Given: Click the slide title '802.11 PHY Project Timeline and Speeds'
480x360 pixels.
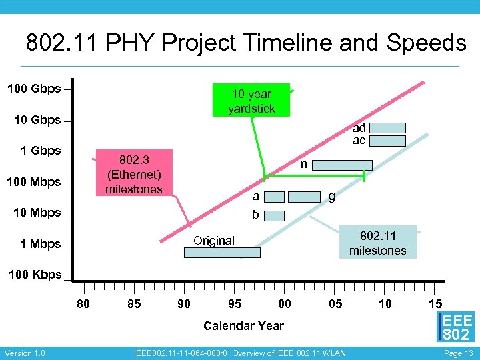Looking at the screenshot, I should click(x=246, y=43).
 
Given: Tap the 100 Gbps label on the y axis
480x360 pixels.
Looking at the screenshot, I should click(x=34, y=89).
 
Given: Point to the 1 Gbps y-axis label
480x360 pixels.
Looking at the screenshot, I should click(x=41, y=151).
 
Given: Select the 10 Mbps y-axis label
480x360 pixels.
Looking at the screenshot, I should click(x=37, y=213).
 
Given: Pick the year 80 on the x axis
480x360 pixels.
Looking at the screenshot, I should click(x=84, y=304).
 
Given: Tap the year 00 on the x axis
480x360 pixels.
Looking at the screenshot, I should click(x=285, y=304).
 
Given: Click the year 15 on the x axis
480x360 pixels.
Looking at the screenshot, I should click(x=435, y=304).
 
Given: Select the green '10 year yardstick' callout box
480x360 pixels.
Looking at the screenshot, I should click(x=251, y=101).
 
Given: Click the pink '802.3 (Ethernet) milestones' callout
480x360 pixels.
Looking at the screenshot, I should click(x=133, y=173).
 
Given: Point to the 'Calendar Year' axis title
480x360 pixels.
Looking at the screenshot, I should click(x=243, y=326).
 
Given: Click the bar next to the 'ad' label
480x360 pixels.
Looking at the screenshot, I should click(x=387, y=128).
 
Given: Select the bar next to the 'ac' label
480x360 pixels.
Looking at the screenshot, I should click(x=387, y=141).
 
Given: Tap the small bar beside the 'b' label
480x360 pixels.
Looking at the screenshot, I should click(x=276, y=215).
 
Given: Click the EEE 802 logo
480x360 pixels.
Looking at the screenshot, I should click(x=456, y=327).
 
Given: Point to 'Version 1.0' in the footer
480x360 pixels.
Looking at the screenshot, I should click(x=25, y=353).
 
